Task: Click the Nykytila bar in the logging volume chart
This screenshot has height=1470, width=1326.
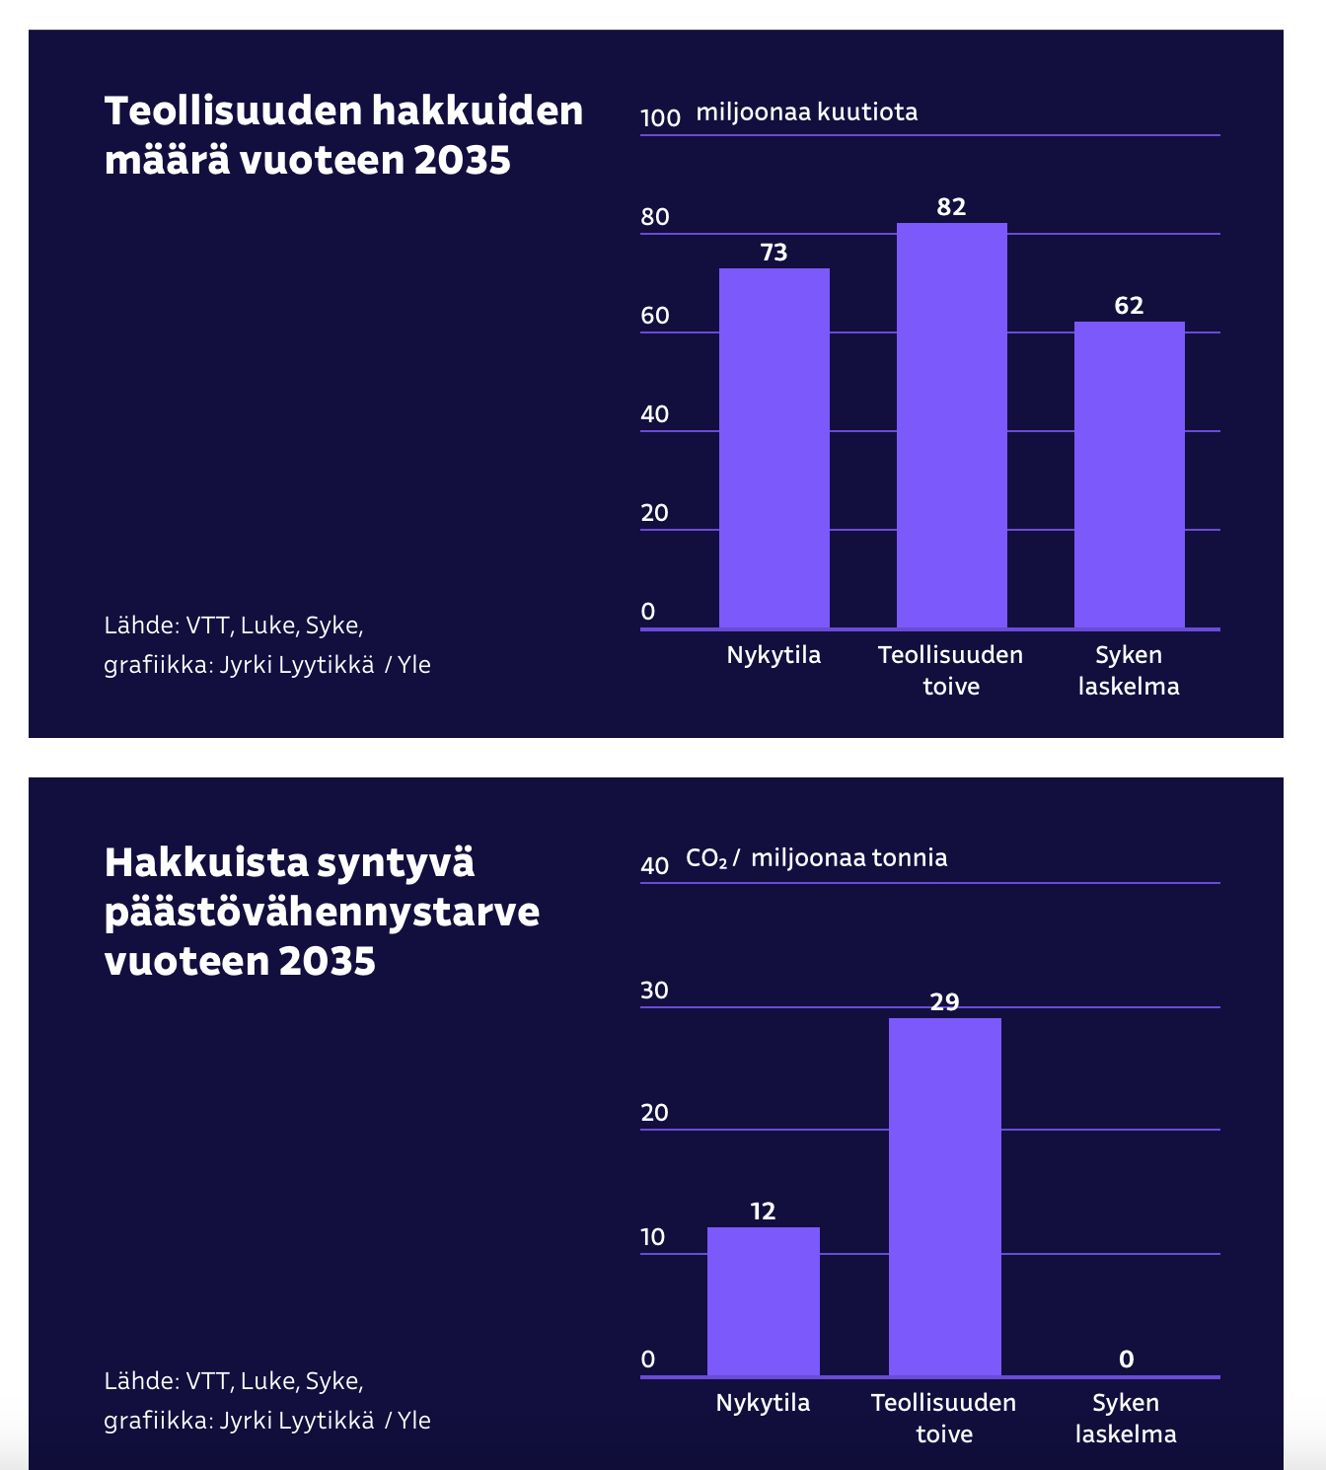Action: pos(773,449)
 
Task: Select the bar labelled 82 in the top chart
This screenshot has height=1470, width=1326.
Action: pos(951,425)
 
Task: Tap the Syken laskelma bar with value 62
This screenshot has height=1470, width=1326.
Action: pos(1129,475)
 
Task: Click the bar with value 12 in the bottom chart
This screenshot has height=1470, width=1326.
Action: pos(763,1301)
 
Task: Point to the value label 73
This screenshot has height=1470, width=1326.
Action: pos(773,253)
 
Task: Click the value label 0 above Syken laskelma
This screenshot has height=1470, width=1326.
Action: pos(1126,1360)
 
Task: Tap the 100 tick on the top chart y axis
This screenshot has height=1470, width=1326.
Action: pos(660,117)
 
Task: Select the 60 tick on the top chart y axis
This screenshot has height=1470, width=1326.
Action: pos(655,316)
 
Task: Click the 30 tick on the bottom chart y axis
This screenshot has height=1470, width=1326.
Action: pos(654,991)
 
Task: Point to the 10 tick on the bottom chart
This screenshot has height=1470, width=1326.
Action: pos(654,1237)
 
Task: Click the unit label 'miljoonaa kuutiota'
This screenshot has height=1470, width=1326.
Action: pos(807,112)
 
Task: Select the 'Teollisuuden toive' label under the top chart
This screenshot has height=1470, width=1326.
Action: pos(950,670)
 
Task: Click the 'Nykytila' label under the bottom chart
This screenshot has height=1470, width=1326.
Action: pos(763,1403)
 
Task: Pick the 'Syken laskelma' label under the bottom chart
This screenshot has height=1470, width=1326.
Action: pos(1126,1418)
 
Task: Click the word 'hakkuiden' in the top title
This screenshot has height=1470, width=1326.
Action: pos(478,110)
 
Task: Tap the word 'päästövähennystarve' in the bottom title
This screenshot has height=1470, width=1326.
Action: pos(322,912)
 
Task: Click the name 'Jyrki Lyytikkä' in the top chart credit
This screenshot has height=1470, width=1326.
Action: pos(297,665)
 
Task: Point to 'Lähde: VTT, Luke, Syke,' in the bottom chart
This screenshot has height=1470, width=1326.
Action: pos(234,1381)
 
